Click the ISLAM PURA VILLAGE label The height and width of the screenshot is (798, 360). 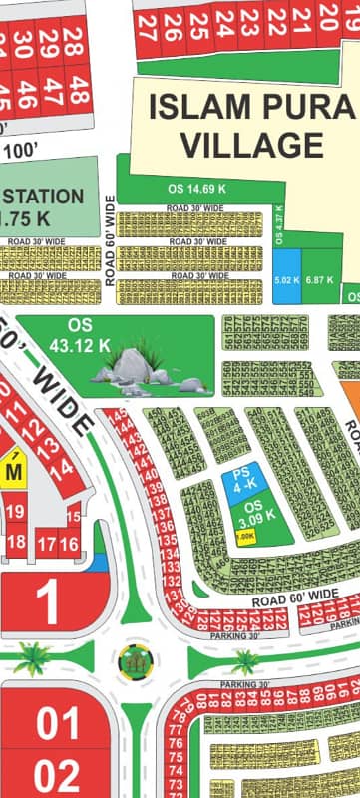pos(250,126)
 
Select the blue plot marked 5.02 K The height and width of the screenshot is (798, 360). pos(286,281)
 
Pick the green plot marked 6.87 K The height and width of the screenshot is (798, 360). pos(318,281)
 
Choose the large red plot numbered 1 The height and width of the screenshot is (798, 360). pos(47,603)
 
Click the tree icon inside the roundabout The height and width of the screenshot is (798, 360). pos(133,659)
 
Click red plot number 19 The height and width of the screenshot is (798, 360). pos(15,512)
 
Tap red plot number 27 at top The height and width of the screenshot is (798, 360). pos(146,25)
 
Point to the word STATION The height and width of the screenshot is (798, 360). pos(41,195)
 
